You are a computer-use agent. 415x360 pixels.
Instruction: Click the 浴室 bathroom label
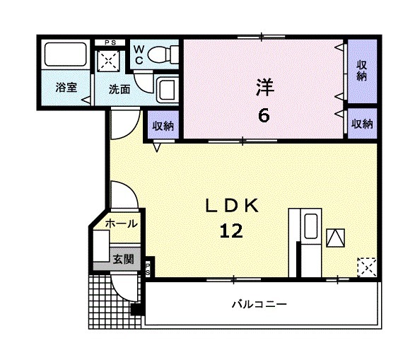[x=66, y=88]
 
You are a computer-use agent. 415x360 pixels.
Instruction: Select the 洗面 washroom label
[x=119, y=89]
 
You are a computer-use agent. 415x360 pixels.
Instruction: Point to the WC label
[x=139, y=54]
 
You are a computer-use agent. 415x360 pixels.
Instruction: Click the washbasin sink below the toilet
[x=168, y=90]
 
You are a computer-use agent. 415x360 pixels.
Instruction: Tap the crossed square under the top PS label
[x=110, y=61]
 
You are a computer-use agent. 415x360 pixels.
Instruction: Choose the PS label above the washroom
[x=110, y=42]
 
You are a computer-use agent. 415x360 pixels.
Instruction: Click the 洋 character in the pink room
[x=264, y=88]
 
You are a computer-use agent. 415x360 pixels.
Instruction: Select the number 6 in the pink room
[x=263, y=115]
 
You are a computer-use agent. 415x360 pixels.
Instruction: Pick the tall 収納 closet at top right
[x=361, y=70]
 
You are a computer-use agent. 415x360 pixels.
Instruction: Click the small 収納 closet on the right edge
[x=362, y=124]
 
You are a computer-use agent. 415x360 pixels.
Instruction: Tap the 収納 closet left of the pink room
[x=163, y=126]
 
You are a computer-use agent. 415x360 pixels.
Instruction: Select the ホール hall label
[x=121, y=223]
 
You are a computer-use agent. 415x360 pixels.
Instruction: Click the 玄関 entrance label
[x=122, y=259]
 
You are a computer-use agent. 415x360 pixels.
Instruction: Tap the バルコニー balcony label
[x=259, y=305]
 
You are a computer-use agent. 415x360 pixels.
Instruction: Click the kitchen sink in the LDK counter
[x=310, y=226]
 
